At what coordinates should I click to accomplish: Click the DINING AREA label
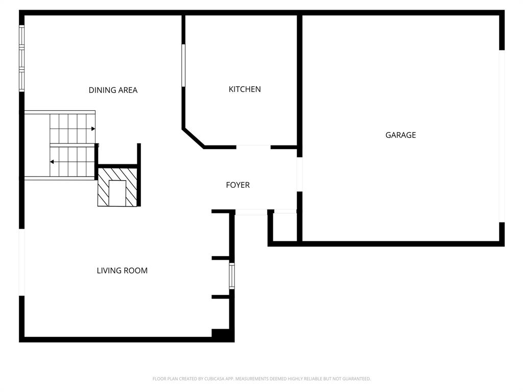pyautogui.click(x=113, y=90)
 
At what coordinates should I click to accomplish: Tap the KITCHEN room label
pyautogui.click(x=245, y=89)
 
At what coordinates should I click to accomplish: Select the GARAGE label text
pyautogui.click(x=400, y=135)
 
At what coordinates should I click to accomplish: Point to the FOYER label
pyautogui.click(x=238, y=185)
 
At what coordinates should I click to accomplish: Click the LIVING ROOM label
pyautogui.click(x=122, y=271)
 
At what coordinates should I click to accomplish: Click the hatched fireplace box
pyautogui.click(x=117, y=187)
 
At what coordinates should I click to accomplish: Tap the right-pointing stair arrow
pyautogui.click(x=92, y=129)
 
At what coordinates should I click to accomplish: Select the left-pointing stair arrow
pyautogui.click(x=52, y=162)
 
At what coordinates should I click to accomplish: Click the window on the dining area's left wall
pyautogui.click(x=22, y=58)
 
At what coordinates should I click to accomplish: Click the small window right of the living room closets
pyautogui.click(x=232, y=276)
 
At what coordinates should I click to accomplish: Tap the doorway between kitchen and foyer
pyautogui.click(x=253, y=148)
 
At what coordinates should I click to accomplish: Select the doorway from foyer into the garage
pyautogui.click(x=300, y=174)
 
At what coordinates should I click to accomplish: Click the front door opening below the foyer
pyautogui.click(x=251, y=212)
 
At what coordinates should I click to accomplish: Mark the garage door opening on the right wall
pyautogui.click(x=502, y=136)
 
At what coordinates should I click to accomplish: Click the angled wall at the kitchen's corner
pyautogui.click(x=194, y=138)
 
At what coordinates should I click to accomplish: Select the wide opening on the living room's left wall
pyautogui.click(x=22, y=262)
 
